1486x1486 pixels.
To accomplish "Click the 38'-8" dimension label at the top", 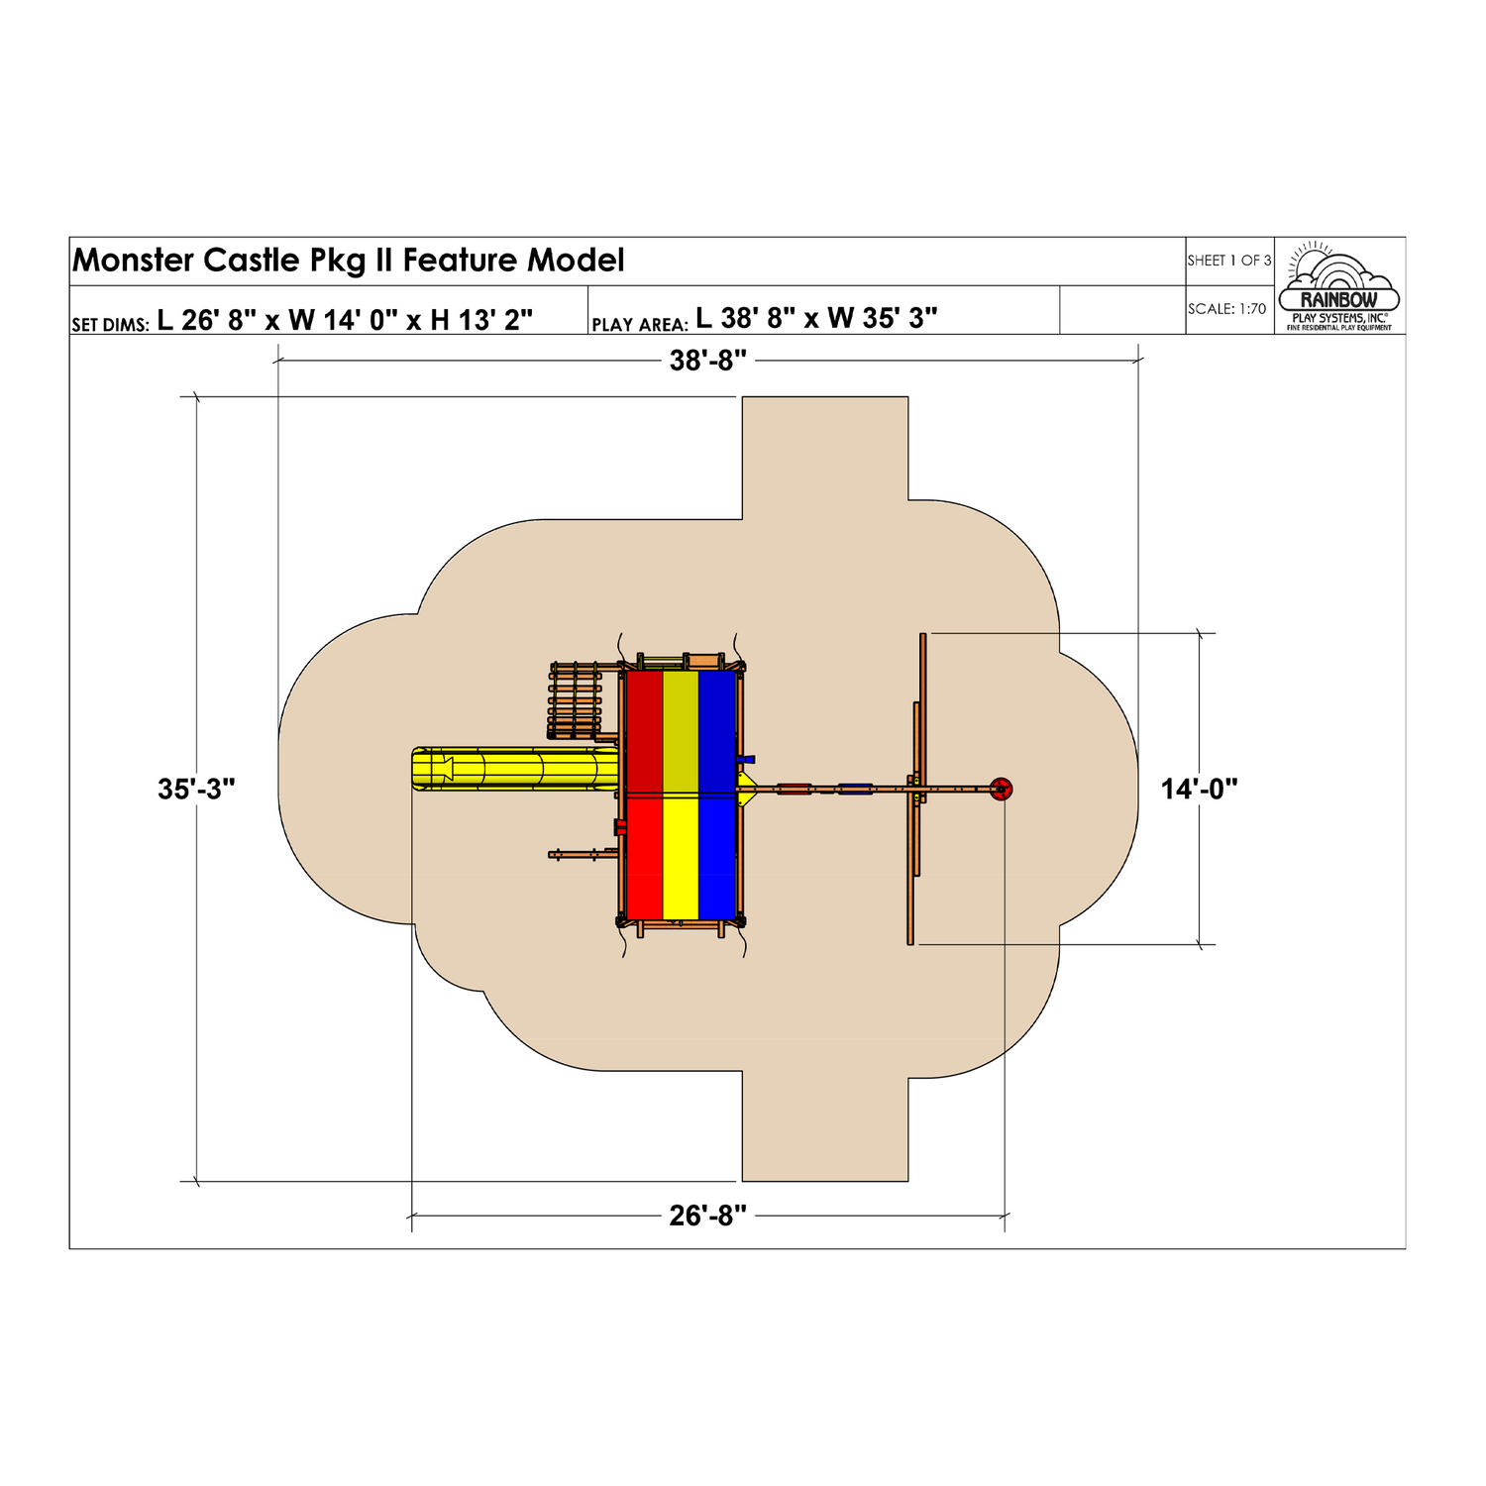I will (707, 361).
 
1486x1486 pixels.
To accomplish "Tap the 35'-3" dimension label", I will (196, 790).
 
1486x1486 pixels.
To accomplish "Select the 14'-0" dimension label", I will (1200, 790).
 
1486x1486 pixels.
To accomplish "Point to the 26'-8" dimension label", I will (707, 1216).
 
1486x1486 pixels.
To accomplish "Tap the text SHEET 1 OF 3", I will (1228, 261).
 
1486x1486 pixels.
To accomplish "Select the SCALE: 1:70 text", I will (1226, 309).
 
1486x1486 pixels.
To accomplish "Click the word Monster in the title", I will (134, 261).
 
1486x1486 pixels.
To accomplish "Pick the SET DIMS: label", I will (110, 324).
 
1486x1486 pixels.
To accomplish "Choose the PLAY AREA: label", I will (639, 324).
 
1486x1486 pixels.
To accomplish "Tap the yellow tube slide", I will (515, 769).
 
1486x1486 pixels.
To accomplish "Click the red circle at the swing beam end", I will (1002, 790).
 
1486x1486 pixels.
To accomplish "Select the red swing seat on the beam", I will (794, 790).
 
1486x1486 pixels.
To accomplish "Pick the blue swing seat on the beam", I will (855, 790).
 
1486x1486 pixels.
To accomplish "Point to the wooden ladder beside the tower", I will (575, 700).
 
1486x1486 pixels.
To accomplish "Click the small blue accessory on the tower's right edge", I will (745, 760).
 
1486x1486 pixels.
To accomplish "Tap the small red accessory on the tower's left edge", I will (619, 827).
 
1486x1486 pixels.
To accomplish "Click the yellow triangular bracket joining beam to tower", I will (746, 790).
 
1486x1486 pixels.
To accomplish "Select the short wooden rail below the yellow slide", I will (583, 854).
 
